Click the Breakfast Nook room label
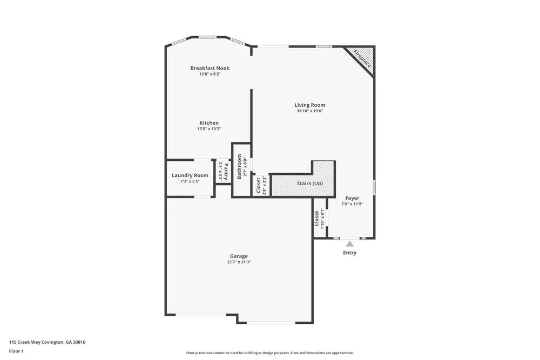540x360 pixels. click(x=210, y=68)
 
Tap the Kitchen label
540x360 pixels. click(x=209, y=123)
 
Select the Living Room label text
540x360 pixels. click(x=309, y=105)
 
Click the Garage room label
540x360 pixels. click(x=239, y=256)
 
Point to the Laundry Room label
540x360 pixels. click(x=190, y=175)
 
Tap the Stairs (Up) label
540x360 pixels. click(x=310, y=184)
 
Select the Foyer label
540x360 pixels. click(x=352, y=198)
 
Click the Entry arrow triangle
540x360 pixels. click(x=350, y=244)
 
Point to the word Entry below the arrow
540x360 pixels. click(x=350, y=253)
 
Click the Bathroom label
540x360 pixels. click(x=239, y=167)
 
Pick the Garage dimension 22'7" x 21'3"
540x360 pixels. click(x=239, y=262)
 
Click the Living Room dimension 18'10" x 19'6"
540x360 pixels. click(x=309, y=111)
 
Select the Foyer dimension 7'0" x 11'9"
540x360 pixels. click(x=352, y=204)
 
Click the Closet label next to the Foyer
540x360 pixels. click(x=317, y=218)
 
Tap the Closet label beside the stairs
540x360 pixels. click(x=259, y=185)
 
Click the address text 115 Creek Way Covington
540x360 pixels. click(x=47, y=342)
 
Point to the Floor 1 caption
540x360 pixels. click(x=16, y=351)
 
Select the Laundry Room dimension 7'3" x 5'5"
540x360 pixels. click(x=190, y=181)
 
